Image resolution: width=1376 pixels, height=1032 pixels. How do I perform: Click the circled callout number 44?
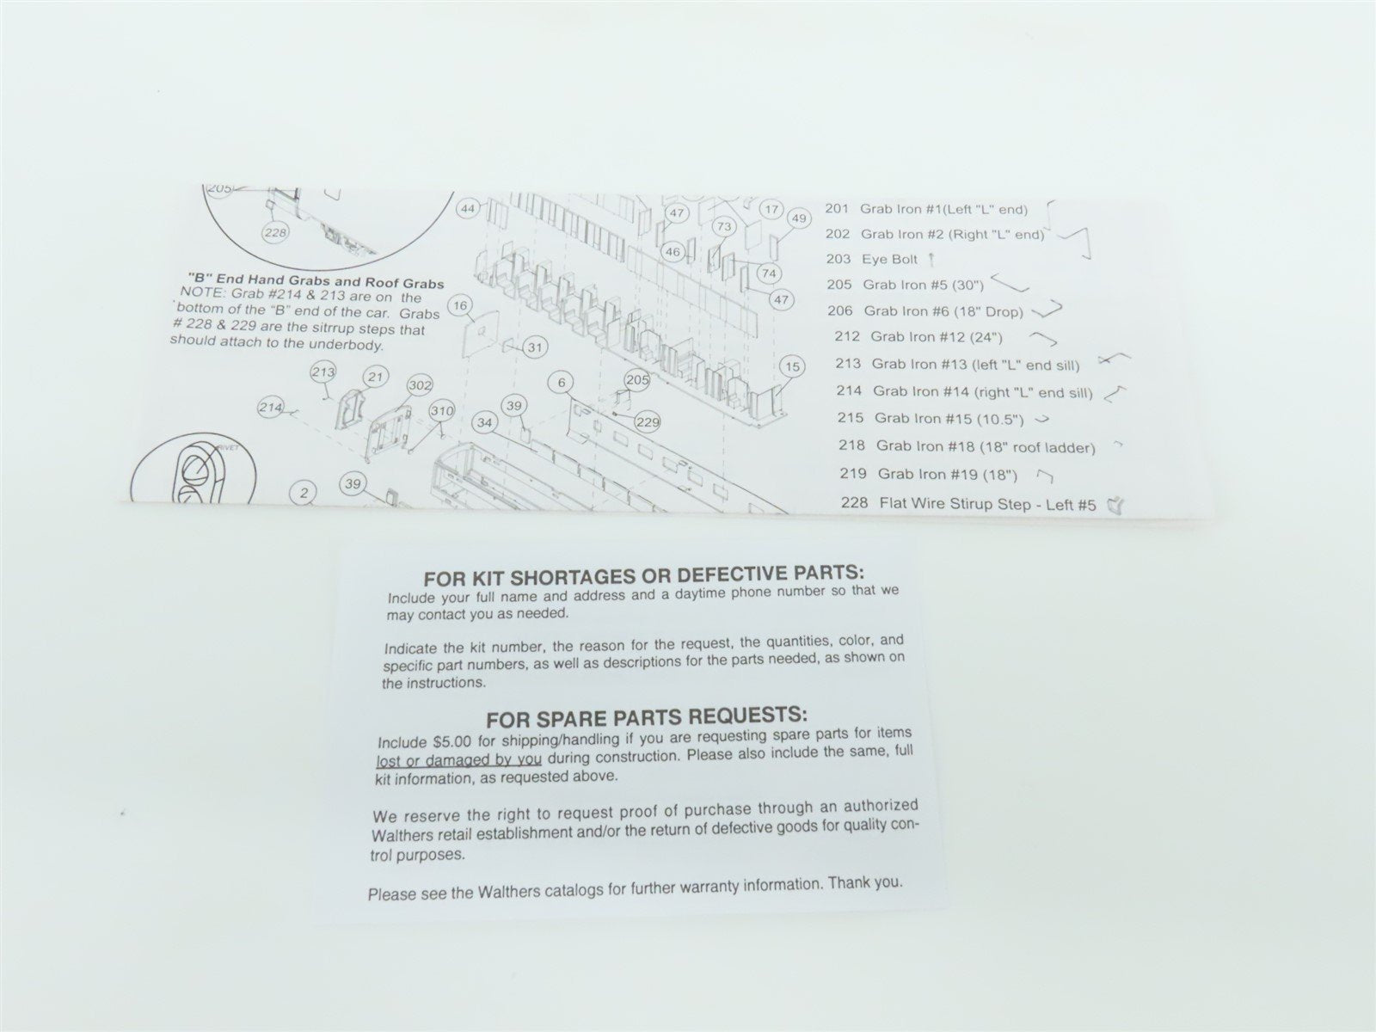pyautogui.click(x=468, y=209)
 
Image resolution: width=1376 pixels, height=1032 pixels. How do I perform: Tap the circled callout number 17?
pyautogui.click(x=771, y=209)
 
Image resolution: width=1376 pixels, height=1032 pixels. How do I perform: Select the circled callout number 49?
pyautogui.click(x=799, y=218)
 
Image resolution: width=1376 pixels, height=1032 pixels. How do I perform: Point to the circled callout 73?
pyautogui.click(x=724, y=227)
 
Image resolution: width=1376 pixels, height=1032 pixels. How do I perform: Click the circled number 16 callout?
pyautogui.click(x=461, y=306)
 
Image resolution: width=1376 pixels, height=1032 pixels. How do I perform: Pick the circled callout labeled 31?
pyautogui.click(x=535, y=347)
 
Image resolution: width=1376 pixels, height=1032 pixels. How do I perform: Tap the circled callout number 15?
pyautogui.click(x=792, y=366)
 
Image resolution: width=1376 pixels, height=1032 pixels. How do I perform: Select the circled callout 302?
pyautogui.click(x=420, y=384)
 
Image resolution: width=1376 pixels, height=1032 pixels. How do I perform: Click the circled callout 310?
pyautogui.click(x=442, y=411)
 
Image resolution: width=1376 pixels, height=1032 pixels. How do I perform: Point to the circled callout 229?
pyautogui.click(x=648, y=422)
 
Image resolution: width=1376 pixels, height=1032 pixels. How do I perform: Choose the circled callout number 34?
pyautogui.click(x=484, y=422)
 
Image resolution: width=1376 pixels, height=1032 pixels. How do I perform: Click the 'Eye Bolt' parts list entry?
pyautogui.click(x=889, y=260)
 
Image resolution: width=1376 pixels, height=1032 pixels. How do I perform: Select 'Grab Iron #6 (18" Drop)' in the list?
pyautogui.click(x=943, y=311)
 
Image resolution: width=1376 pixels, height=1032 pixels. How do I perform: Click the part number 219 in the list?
pyautogui.click(x=853, y=474)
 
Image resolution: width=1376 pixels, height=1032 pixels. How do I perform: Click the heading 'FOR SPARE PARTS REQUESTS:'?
pyautogui.click(x=647, y=717)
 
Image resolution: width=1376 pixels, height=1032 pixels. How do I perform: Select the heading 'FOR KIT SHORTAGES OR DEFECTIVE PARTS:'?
pyautogui.click(x=644, y=575)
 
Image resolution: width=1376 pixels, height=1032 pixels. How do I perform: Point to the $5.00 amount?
pyautogui.click(x=452, y=742)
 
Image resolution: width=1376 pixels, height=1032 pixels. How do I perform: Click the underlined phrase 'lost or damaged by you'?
pyautogui.click(x=459, y=760)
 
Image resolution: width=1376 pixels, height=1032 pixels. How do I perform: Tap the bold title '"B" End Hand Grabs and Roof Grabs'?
pyautogui.click(x=316, y=281)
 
